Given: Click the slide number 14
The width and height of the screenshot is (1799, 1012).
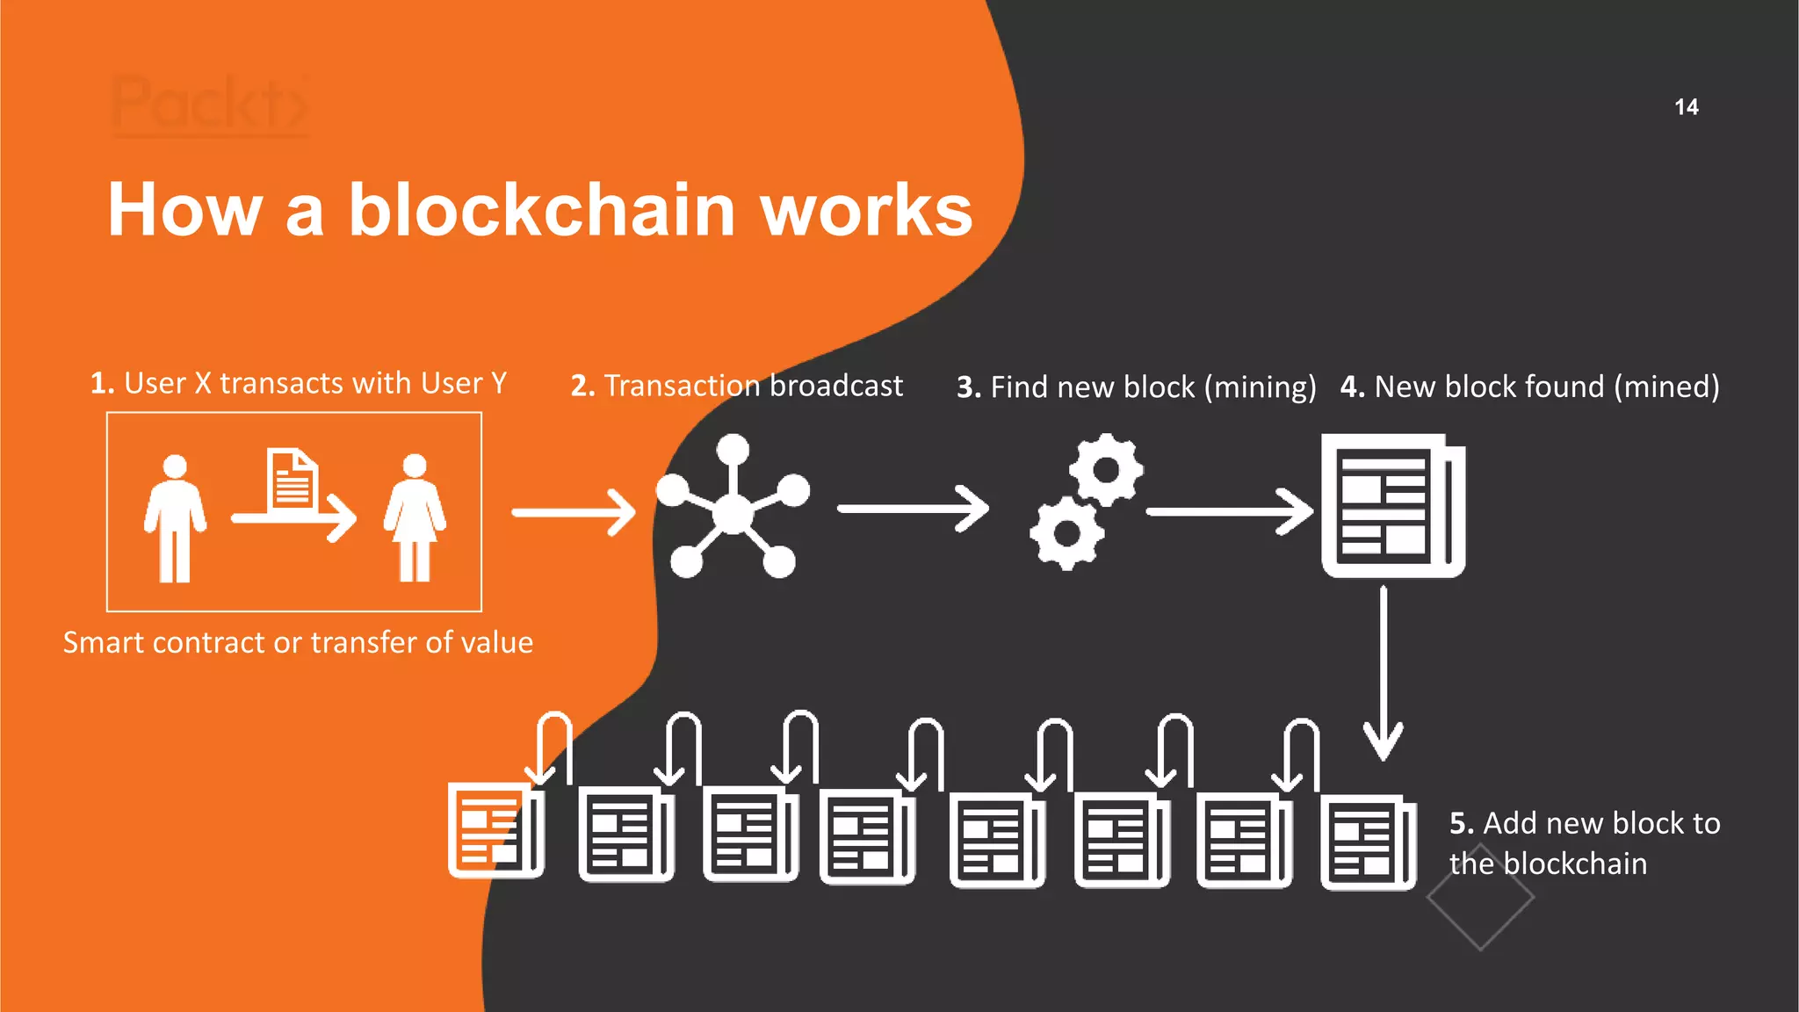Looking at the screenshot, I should pos(1686,107).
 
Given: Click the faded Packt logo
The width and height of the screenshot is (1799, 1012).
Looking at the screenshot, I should pos(210,105).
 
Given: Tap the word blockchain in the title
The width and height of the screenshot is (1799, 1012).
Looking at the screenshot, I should pos(541,211).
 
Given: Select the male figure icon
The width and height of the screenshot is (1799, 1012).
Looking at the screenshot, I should pos(175,517).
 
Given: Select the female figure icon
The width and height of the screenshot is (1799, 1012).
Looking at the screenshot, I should pos(415,517).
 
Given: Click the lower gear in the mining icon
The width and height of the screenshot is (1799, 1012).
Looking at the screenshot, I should pos(1066,532).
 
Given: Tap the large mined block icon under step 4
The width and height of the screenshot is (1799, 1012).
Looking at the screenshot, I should pos(1392,506).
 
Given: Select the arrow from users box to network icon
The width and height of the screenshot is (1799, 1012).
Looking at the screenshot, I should pos(573,512).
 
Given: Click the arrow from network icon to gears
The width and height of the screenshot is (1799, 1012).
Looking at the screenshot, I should pos(913,509).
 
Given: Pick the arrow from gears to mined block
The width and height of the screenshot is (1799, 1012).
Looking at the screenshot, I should pos(1229,511).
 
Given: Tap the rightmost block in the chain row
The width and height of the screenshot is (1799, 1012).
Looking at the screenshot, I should pos(1367,843).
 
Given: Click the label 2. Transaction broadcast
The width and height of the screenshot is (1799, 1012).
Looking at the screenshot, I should pos(736,386).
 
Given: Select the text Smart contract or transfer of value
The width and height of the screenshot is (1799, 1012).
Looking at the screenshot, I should pos(298,642).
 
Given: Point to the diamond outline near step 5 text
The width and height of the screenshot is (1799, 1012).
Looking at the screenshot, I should pos(1480,898).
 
